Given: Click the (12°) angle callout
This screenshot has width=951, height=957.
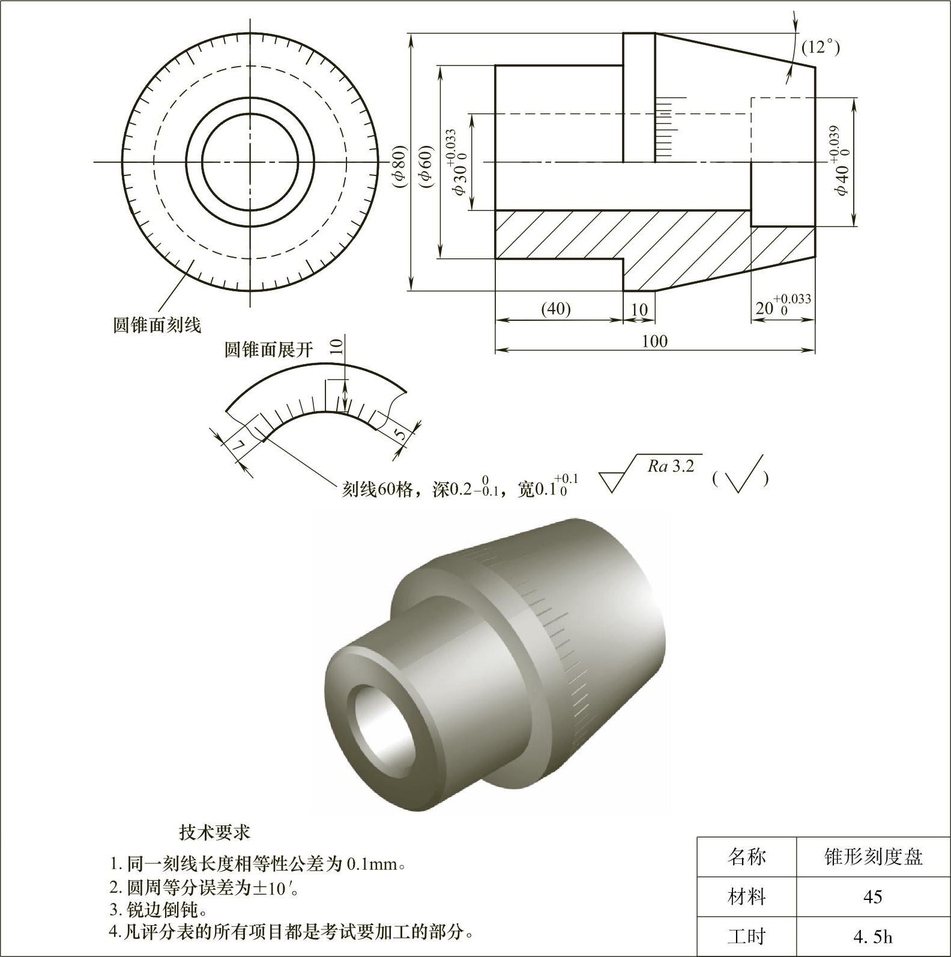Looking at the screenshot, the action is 821,47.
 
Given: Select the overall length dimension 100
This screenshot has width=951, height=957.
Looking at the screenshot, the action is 654,341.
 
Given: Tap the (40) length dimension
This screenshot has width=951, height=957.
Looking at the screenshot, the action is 556,309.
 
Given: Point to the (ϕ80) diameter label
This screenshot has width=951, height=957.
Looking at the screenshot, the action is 400,166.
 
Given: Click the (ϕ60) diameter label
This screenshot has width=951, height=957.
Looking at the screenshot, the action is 426,166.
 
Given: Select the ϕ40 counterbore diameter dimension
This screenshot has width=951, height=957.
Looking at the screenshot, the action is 842,160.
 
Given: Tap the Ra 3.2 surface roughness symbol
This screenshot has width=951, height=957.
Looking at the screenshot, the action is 652,472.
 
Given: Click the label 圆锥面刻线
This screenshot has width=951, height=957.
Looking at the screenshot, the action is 157,325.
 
